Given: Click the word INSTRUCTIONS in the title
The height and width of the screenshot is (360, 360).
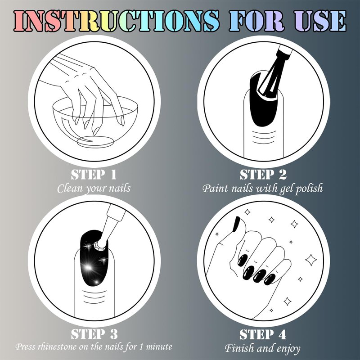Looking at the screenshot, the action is (117, 21).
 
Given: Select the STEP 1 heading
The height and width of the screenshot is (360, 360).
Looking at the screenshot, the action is (94, 175).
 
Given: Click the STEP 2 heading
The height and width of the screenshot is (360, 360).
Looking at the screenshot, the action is (263, 175).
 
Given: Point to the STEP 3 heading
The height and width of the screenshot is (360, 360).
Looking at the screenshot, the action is (94, 334).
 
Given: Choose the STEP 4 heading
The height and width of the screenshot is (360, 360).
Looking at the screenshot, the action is (263, 334).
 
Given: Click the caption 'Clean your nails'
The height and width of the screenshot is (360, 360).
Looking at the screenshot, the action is (94, 189).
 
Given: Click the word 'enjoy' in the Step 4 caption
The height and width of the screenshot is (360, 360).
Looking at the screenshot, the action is (288, 348).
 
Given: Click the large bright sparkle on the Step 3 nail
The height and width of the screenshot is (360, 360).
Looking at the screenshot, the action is (88, 267).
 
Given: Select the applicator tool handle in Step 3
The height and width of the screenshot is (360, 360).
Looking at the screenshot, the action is (112, 221).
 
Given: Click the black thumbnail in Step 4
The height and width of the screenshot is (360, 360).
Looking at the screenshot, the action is (236, 224).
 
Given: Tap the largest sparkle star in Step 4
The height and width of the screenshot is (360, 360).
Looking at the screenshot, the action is (311, 260).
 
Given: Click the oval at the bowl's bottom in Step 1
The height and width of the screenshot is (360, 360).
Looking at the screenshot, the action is (95, 141).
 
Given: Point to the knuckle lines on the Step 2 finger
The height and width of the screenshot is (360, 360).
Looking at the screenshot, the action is (263, 137).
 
